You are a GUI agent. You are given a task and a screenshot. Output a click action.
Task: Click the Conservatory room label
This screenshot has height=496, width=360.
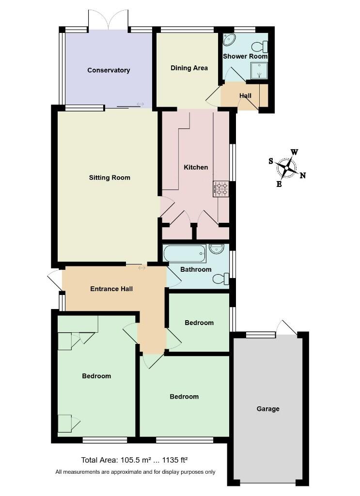(109, 70)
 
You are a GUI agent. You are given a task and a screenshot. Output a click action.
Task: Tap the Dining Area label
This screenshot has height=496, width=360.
(189, 68)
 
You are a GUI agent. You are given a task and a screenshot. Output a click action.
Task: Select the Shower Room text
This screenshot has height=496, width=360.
(245, 56)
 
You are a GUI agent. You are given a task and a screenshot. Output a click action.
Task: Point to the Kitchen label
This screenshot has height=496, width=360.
(196, 167)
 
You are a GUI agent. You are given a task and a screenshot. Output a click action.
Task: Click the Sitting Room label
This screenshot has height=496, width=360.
(110, 177)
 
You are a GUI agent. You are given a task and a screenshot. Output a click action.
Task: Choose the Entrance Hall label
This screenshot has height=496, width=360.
(111, 289)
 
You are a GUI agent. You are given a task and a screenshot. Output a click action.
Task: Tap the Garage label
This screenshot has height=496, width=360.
(268, 409)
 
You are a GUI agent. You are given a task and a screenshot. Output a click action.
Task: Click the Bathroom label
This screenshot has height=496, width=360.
(196, 269)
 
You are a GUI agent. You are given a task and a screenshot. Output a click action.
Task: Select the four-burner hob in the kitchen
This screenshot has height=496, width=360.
(220, 188)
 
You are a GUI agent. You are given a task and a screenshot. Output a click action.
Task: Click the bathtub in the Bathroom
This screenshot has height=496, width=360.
(185, 253)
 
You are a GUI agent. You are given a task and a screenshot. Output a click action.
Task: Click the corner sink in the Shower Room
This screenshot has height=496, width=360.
(229, 39)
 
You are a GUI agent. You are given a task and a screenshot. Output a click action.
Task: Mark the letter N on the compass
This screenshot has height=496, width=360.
(303, 175)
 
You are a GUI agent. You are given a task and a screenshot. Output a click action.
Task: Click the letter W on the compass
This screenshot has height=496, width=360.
(294, 152)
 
